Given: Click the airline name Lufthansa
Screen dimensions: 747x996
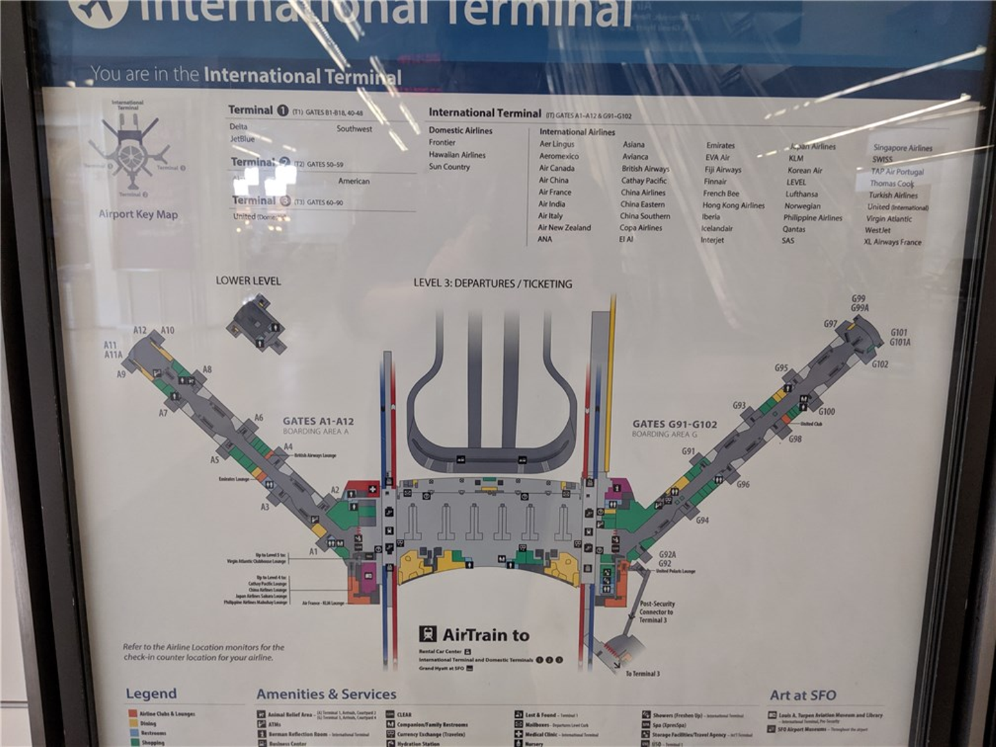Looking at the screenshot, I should coord(801,194).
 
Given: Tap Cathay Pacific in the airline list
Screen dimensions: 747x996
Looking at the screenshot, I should coord(643,181).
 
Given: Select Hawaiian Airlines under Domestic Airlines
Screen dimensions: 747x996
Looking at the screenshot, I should coord(456,155).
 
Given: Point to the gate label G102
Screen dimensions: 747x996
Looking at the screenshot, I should coord(880,365).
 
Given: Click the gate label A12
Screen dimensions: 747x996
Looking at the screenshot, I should coord(140,331).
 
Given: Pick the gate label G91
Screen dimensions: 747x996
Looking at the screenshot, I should coord(688,451).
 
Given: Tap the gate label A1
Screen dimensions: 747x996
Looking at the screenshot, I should coord(313,551).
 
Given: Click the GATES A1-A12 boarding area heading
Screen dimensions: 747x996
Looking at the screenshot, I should coord(318,421).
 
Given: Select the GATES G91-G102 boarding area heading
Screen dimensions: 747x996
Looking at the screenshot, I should coord(674,424).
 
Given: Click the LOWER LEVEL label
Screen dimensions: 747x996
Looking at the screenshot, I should coord(248,281).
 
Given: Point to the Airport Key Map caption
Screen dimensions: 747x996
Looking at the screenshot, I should coord(138,214).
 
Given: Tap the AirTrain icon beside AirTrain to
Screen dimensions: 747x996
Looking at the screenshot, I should coord(427,634).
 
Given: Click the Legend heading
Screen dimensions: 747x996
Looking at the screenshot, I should coord(151,694).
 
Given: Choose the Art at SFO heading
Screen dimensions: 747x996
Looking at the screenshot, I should coord(802,695).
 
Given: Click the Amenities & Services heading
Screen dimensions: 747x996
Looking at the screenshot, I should coord(326,694).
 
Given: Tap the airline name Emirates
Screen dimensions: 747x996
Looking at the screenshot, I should coord(720,145).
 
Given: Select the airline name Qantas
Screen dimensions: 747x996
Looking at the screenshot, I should coord(793,229).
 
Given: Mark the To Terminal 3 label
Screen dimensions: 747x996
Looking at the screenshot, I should coord(643,673).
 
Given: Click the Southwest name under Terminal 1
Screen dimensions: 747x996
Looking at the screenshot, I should coord(354,129).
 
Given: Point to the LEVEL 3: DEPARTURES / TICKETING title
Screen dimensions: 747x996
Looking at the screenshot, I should coord(492,284).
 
